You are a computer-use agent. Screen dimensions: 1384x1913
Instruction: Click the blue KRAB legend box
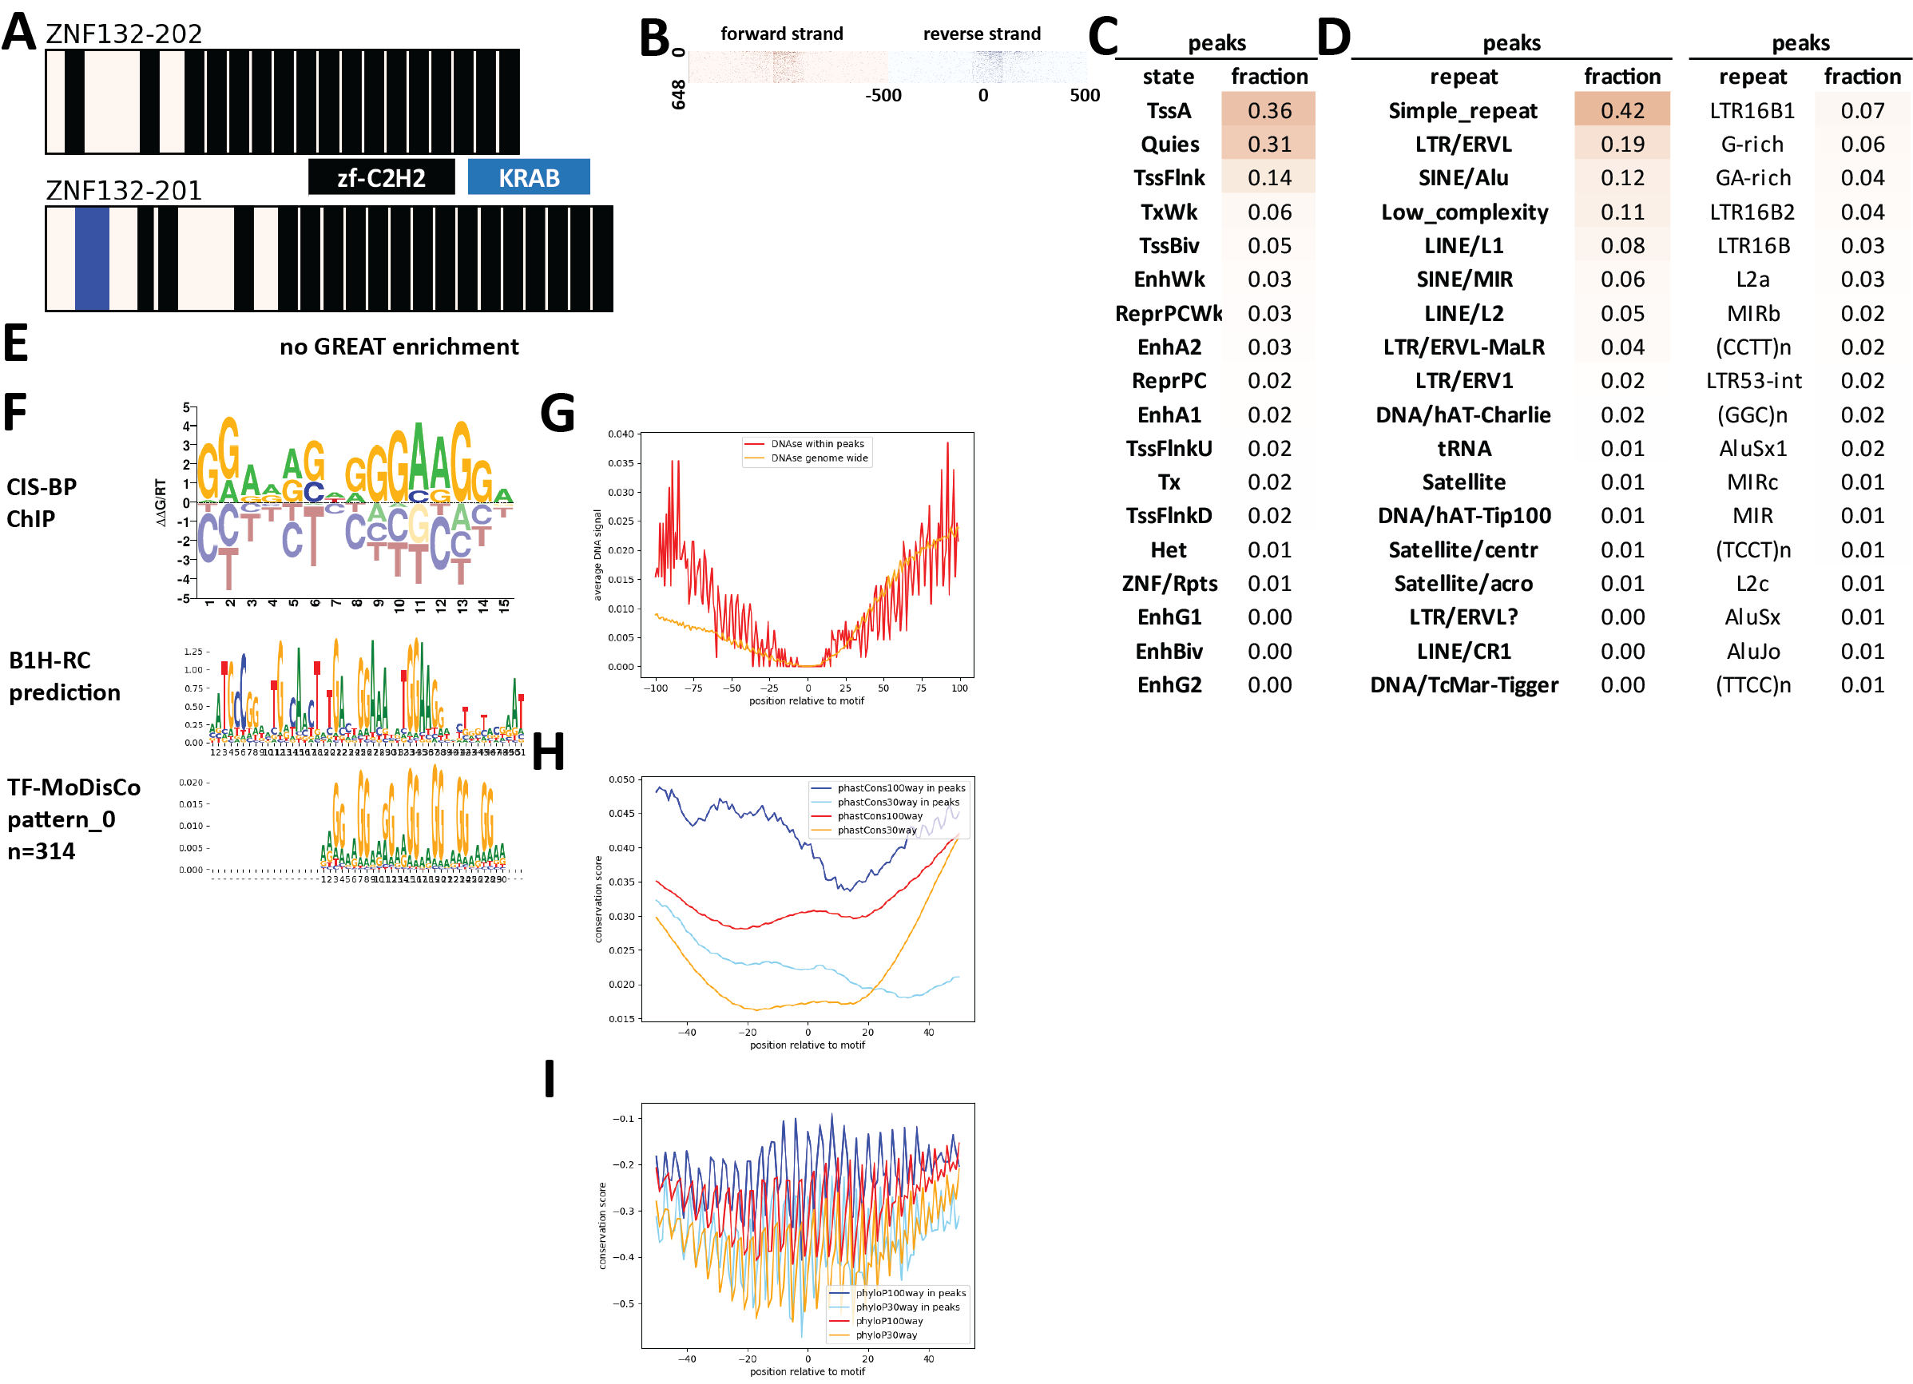pyautogui.click(x=528, y=177)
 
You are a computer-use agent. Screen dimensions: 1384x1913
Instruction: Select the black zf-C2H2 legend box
pyautogui.click(x=381, y=177)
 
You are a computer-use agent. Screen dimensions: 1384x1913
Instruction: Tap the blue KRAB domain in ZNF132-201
pyautogui.click(x=92, y=258)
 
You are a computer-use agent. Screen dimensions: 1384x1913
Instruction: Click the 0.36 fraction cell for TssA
pyautogui.click(x=1268, y=110)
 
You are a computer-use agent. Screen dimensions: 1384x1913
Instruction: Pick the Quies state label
pyautogui.click(x=1169, y=145)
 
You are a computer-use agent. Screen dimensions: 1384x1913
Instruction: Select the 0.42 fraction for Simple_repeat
pyautogui.click(x=1621, y=110)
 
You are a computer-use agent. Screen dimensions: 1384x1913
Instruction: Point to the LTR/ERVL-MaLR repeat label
pyautogui.click(x=1463, y=347)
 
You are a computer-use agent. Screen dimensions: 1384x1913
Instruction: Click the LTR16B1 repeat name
pyautogui.click(x=1752, y=110)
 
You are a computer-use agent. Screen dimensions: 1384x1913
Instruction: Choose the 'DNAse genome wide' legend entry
pyautogui.click(x=818, y=458)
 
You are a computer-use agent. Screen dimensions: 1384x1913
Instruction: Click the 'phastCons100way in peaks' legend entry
pyautogui.click(x=900, y=787)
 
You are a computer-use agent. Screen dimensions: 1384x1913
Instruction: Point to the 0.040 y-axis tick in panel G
pyautogui.click(x=621, y=434)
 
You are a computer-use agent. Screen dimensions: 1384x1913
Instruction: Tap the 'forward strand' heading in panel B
pyautogui.click(x=781, y=34)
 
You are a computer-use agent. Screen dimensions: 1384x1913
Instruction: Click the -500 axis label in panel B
pyautogui.click(x=883, y=95)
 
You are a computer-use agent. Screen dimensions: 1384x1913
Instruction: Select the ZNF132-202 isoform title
pyautogui.click(x=124, y=34)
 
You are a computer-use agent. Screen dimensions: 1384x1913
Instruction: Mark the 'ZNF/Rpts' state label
pyautogui.click(x=1169, y=583)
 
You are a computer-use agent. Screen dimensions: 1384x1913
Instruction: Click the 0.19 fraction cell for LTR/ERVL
pyautogui.click(x=1621, y=145)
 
